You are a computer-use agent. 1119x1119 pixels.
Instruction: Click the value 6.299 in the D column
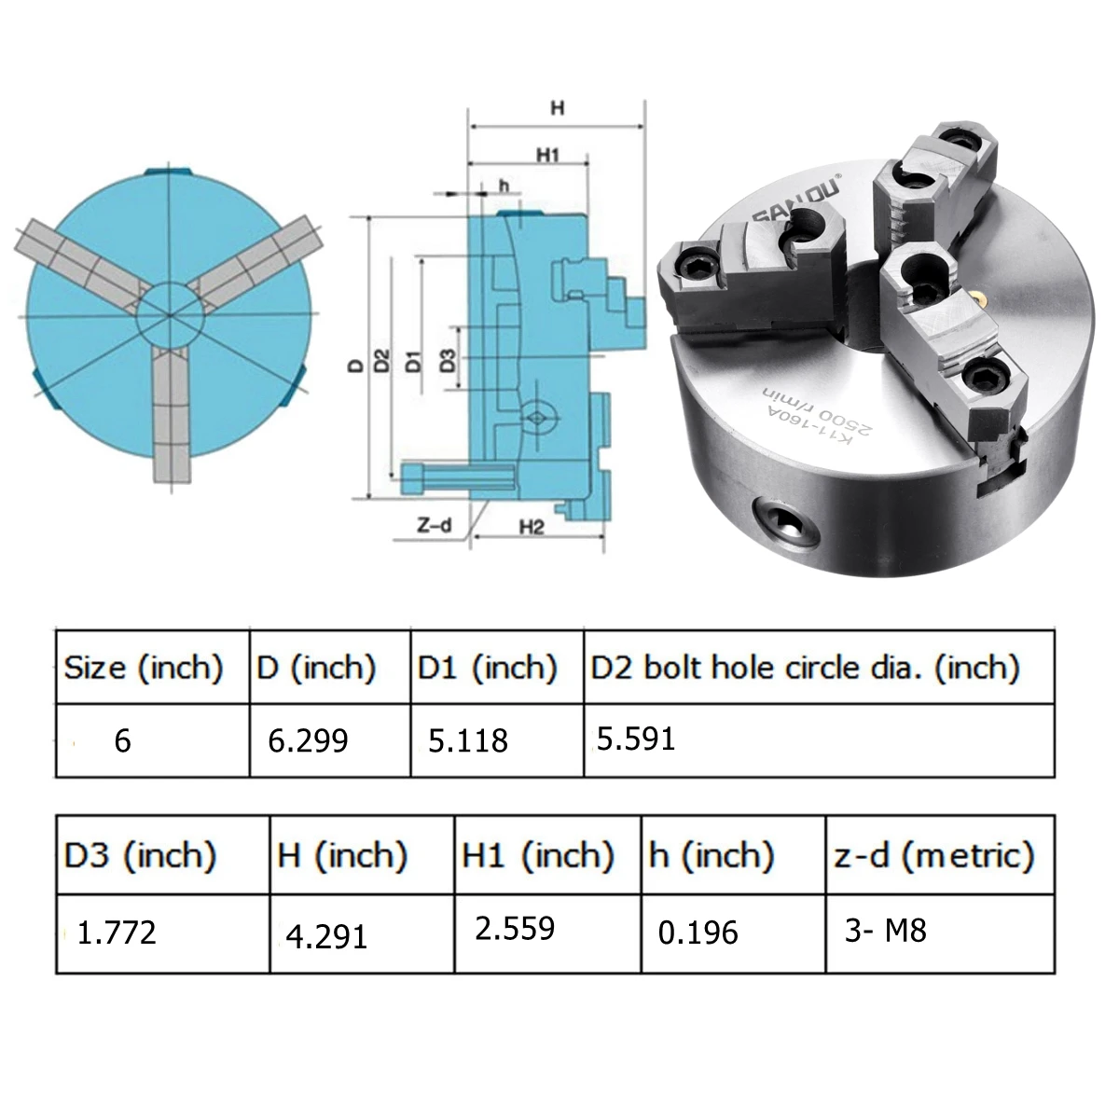pos(308,740)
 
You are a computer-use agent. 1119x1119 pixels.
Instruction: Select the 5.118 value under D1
pos(468,741)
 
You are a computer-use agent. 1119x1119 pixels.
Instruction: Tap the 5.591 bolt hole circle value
pos(636,739)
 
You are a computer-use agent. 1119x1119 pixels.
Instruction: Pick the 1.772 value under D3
pos(117,932)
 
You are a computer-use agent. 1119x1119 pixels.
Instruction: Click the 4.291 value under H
pos(326,936)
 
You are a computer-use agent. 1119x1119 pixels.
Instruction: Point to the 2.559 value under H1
pos(515,928)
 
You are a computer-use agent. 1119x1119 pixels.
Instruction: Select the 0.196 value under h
pos(698,932)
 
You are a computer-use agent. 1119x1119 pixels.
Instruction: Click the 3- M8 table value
pos(886,931)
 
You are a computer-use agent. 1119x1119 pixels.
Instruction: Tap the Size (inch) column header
pos(144,668)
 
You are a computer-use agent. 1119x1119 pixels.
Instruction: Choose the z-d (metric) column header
pos(934,855)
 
